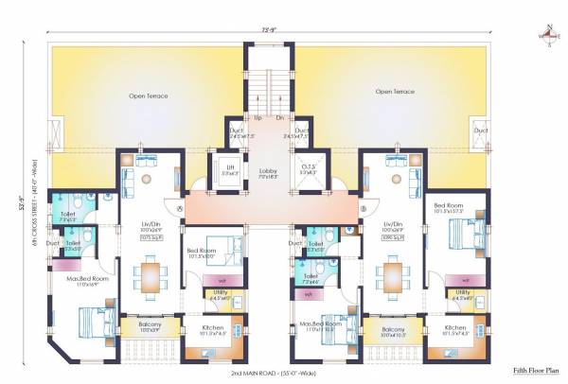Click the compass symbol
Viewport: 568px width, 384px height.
(x=548, y=37)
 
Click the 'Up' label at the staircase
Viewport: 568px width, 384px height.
(x=257, y=118)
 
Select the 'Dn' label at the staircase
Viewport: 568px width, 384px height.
(x=279, y=118)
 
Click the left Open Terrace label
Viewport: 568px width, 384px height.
(x=148, y=95)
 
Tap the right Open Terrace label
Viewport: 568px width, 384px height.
(x=395, y=92)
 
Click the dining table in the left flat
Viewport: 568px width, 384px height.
(x=150, y=277)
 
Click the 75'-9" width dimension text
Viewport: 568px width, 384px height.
(x=269, y=28)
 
